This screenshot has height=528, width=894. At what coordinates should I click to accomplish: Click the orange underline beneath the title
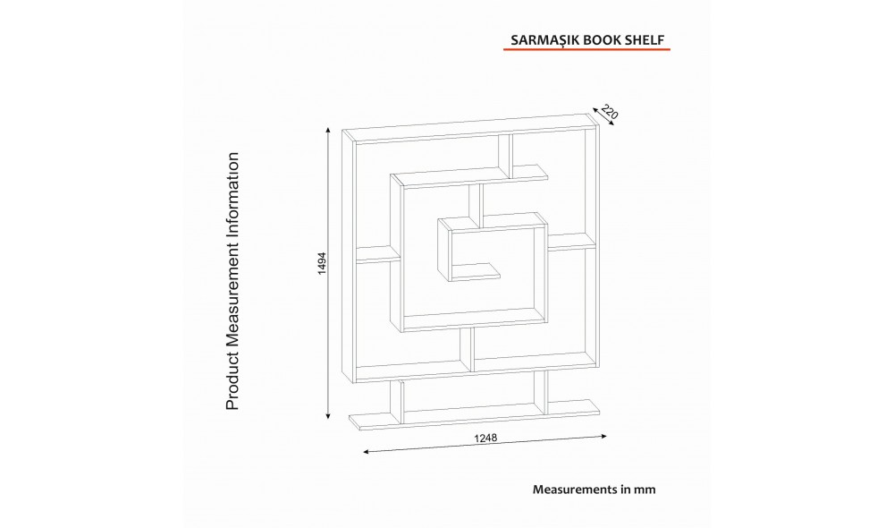[586, 50]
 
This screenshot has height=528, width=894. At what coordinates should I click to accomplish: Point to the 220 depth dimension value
[610, 112]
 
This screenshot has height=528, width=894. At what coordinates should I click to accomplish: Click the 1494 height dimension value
[322, 264]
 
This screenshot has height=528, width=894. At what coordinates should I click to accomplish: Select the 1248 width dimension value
[485, 438]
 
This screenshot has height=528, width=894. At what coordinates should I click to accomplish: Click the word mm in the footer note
[647, 490]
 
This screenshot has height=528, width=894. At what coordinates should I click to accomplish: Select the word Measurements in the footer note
[574, 490]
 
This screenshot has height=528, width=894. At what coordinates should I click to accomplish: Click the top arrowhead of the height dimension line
[328, 131]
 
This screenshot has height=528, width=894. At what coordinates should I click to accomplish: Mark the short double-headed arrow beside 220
[603, 115]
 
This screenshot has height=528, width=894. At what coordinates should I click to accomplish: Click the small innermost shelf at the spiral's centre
[475, 272]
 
